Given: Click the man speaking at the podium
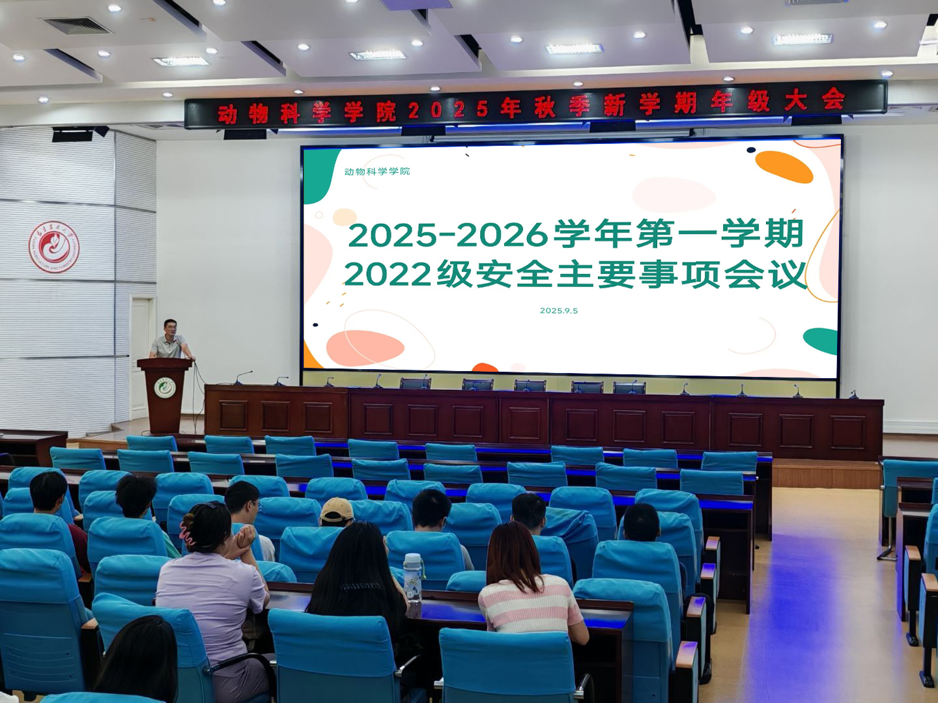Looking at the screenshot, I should click(171, 340).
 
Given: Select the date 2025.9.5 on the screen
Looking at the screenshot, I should click(559, 310).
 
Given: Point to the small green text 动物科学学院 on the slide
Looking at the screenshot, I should click(377, 171).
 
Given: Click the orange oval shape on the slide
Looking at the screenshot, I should click(784, 166).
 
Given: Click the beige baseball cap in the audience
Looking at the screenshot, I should click(336, 511).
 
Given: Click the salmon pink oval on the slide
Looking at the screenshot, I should click(365, 348).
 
